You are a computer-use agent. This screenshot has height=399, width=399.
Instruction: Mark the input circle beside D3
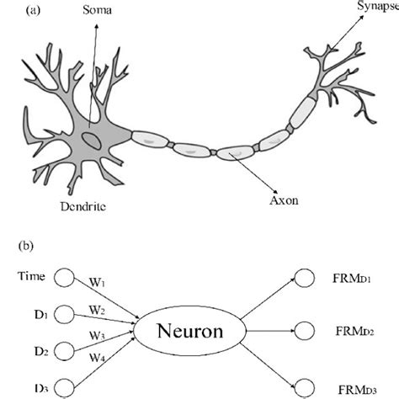point(64,386)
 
